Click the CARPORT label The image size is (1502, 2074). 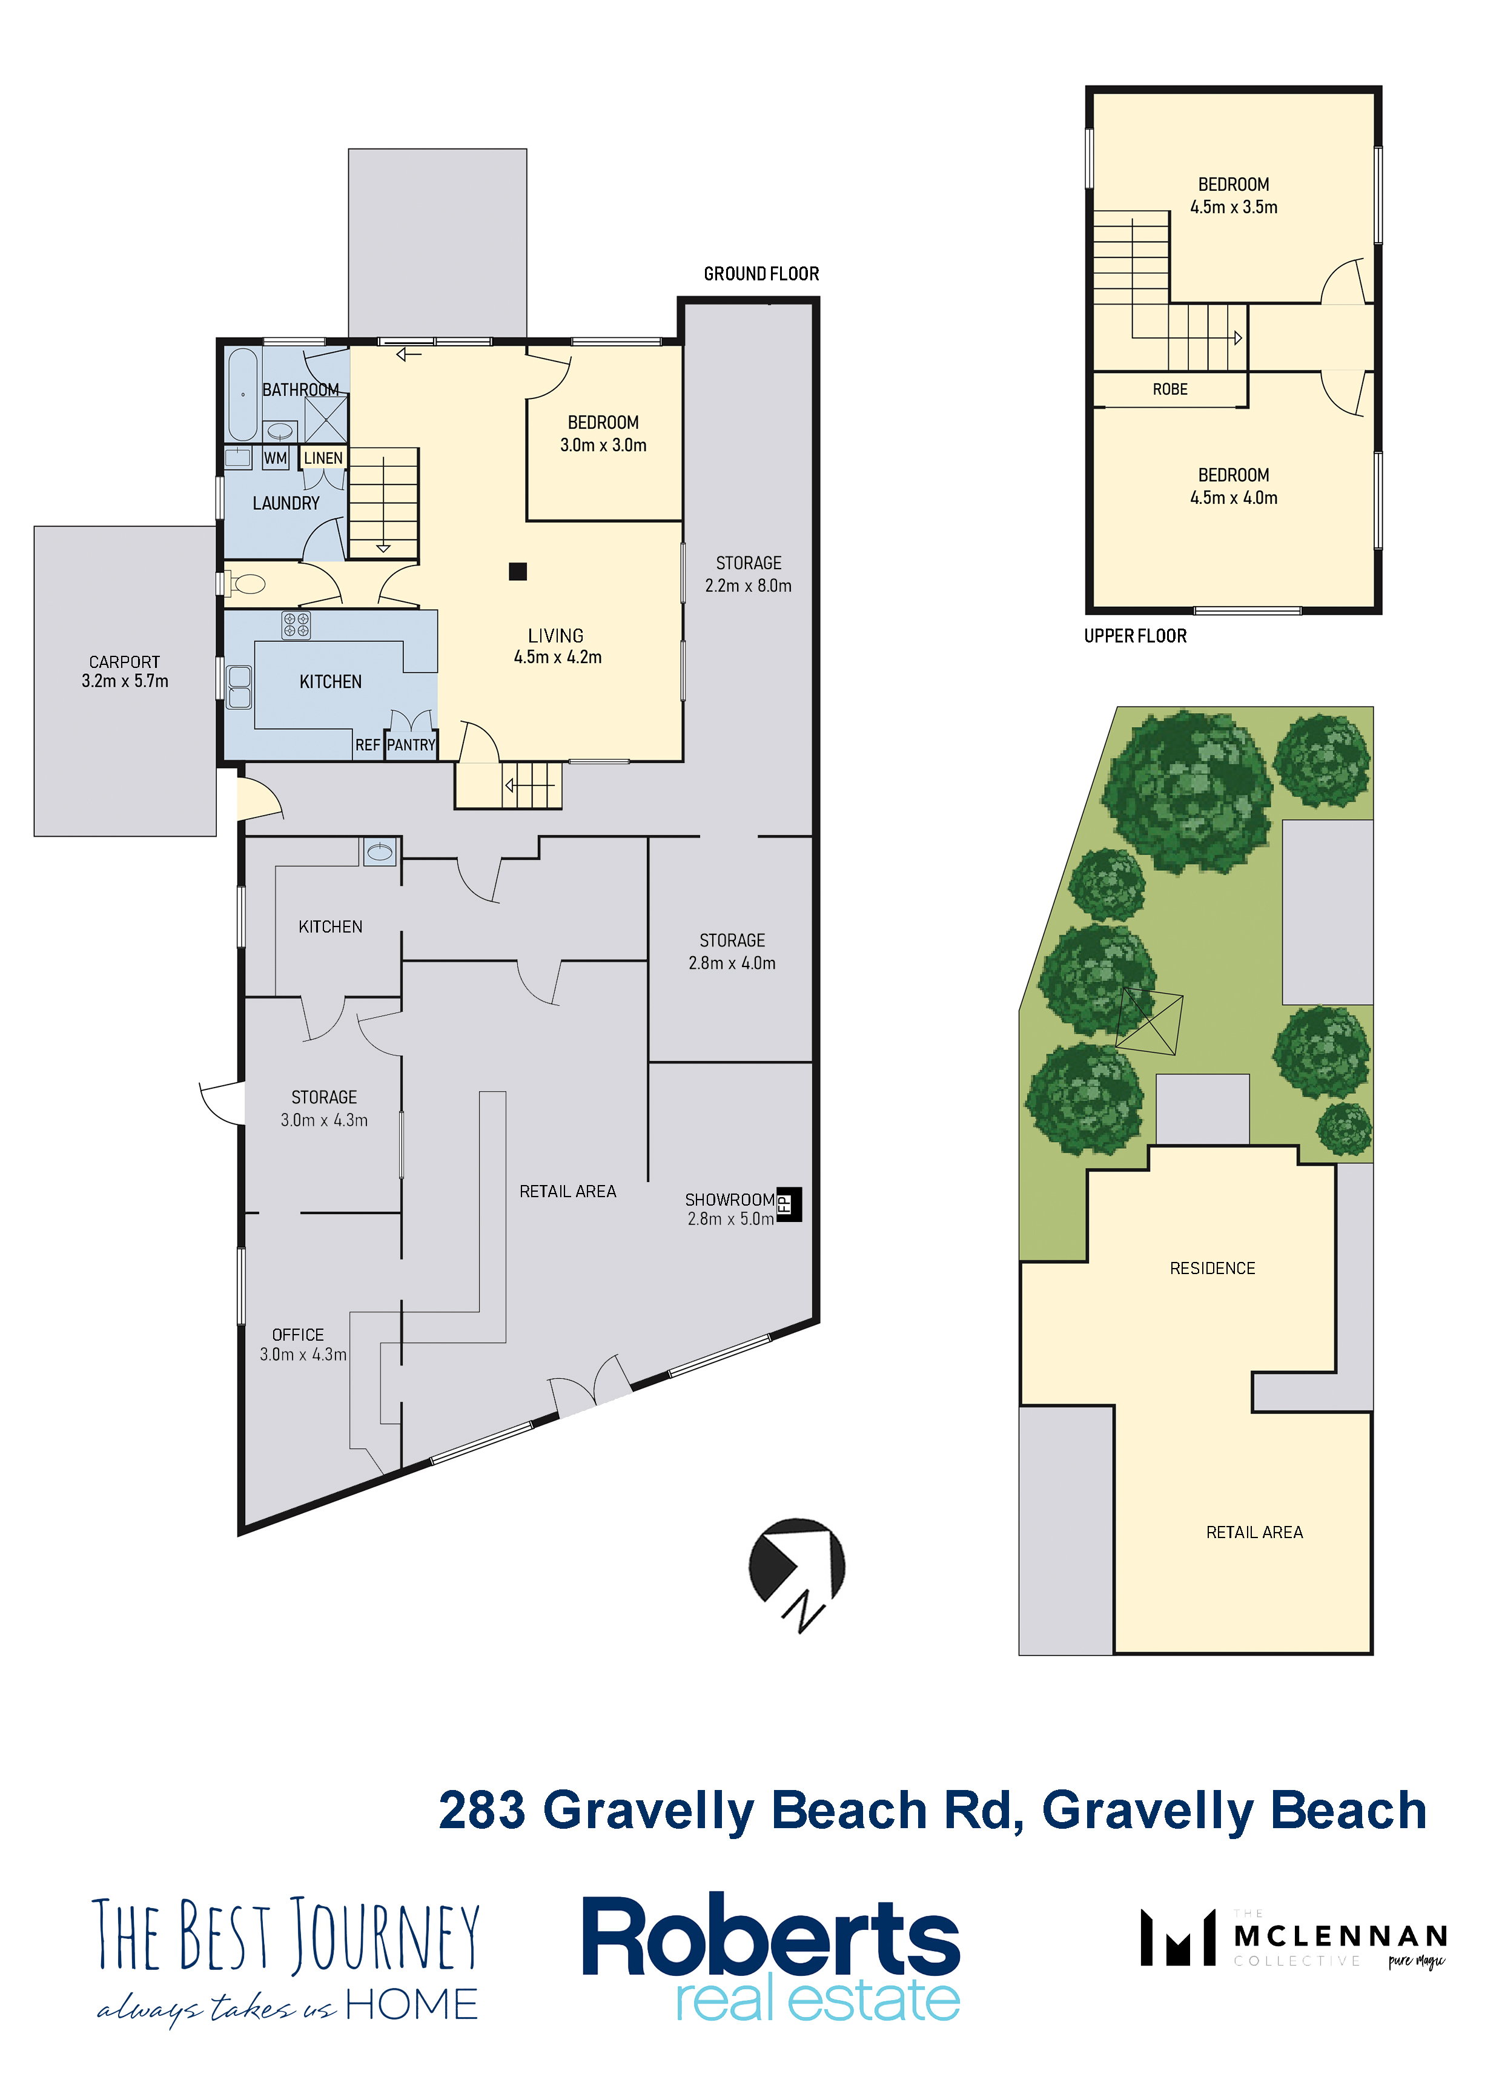tap(124, 662)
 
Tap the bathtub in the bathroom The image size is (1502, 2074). tap(242, 394)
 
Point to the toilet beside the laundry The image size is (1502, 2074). tap(246, 583)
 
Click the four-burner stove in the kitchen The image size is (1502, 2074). tap(296, 624)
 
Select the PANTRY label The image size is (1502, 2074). tap(411, 745)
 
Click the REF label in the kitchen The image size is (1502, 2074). tap(368, 745)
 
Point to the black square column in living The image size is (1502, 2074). tap(518, 572)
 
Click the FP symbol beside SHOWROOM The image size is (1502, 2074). tap(789, 1204)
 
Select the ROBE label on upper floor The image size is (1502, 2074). tap(1170, 389)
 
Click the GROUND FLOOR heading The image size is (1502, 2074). tap(761, 274)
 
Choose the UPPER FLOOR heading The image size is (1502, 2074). tap(1135, 636)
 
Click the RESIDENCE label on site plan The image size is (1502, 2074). tap(1212, 1269)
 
